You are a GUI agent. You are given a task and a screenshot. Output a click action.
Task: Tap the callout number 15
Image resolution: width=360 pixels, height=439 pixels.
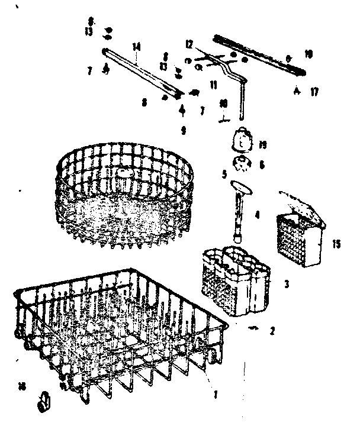click(337, 243)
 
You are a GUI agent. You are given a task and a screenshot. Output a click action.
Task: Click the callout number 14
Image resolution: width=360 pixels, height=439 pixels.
click(136, 46)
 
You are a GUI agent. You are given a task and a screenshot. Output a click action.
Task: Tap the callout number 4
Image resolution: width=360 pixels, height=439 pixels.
click(258, 215)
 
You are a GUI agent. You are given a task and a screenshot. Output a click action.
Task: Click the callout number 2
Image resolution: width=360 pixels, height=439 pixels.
click(272, 331)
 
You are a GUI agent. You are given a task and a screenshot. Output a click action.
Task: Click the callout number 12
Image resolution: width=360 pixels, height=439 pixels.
click(189, 44)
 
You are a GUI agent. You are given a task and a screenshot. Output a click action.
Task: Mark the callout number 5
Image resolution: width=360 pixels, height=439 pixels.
click(224, 174)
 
